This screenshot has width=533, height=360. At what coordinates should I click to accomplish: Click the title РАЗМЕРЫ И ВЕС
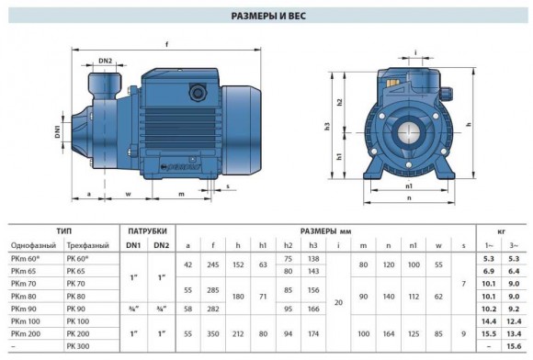coord(266,15)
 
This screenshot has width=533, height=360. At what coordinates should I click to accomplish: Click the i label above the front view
coord(415,52)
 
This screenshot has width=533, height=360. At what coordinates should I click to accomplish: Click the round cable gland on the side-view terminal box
coord(196,92)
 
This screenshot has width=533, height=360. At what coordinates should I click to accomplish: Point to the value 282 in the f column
coord(212,309)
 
